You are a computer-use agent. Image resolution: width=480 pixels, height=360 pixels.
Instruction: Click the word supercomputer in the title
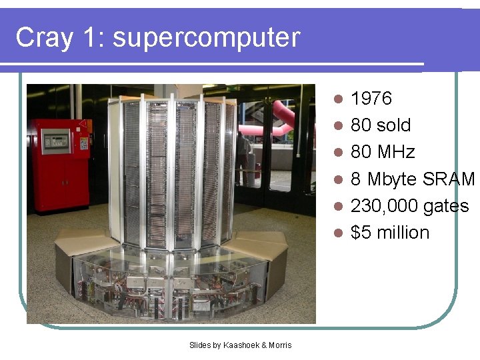point(207,38)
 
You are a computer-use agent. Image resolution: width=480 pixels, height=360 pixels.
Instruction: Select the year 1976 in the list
point(371,99)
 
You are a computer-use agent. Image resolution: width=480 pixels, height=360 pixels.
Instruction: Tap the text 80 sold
point(381,125)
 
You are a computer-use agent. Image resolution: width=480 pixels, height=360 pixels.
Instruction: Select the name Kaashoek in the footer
point(239,345)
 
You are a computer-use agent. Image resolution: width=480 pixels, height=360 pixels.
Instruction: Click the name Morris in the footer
point(280,345)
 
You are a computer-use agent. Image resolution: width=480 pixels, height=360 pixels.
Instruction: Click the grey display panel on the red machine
point(55,141)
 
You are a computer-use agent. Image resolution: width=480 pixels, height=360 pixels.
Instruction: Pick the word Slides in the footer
point(200,345)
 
